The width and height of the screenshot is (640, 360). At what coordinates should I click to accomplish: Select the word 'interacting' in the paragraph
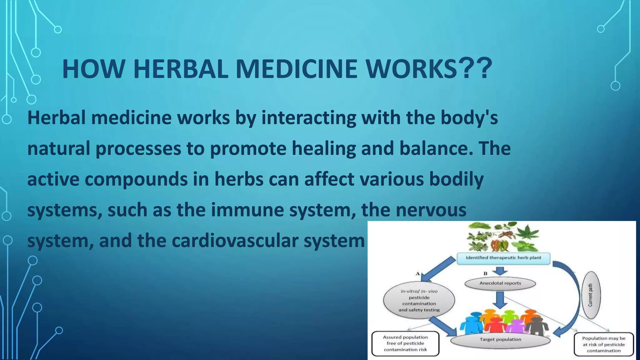(x=308, y=118)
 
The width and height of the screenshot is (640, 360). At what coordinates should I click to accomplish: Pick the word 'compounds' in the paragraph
(x=136, y=179)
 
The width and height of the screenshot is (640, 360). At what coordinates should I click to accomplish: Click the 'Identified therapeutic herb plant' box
(x=503, y=258)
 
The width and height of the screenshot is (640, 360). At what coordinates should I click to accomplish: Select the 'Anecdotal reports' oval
(x=500, y=283)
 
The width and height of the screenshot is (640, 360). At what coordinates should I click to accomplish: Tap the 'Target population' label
(x=500, y=339)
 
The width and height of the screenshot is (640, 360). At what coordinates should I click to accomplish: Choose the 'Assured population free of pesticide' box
(x=405, y=343)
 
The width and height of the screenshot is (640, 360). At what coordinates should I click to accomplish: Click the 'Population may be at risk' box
(x=603, y=344)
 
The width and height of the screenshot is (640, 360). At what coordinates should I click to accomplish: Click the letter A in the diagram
(x=417, y=273)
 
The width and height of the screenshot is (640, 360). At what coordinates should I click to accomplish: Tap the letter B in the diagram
(x=485, y=273)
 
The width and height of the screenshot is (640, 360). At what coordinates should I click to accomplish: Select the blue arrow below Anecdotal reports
(x=500, y=300)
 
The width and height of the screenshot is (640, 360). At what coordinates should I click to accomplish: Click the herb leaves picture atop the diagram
(x=503, y=237)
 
